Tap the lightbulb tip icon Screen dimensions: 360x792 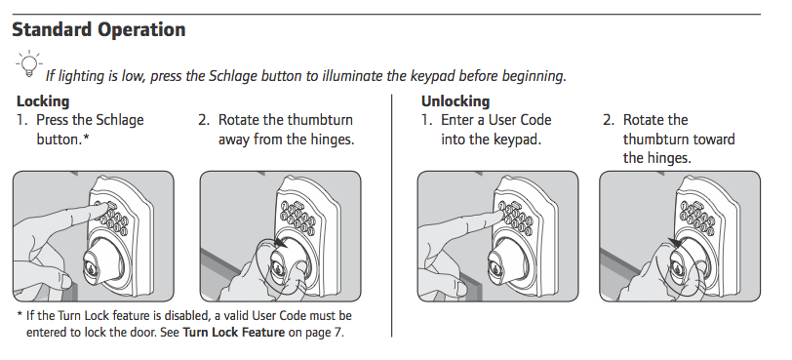coord(26,65)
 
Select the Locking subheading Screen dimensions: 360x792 coord(43,101)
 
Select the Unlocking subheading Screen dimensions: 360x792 coord(455,101)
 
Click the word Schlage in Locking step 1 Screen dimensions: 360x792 coord(117,120)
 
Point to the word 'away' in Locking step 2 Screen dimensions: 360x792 coord(236,139)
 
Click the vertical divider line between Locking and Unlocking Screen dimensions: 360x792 coord(391,215)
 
